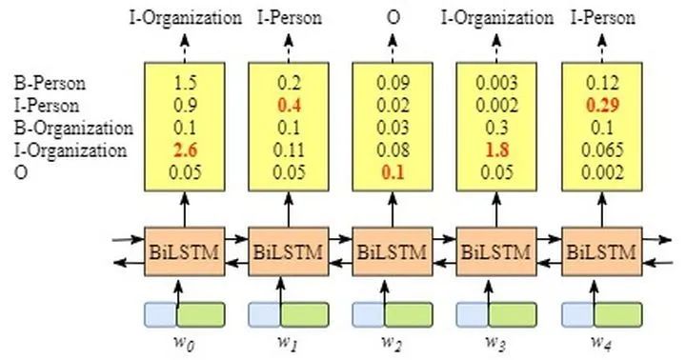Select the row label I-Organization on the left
tap(55, 150)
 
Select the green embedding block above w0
tap(200, 314)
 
